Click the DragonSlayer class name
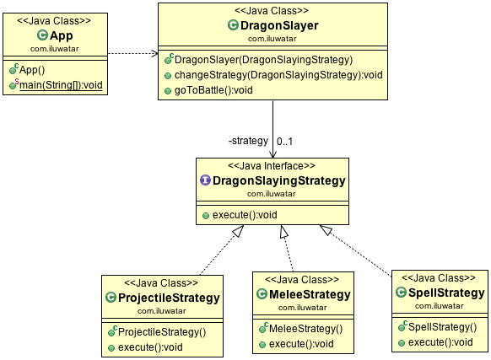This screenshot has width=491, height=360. (x=278, y=25)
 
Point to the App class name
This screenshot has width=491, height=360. (x=62, y=35)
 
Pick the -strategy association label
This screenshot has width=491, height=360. (x=248, y=140)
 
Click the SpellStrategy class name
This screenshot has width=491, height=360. (x=445, y=293)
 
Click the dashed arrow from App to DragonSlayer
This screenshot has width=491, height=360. (x=133, y=54)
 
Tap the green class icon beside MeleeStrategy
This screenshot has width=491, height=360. (x=262, y=295)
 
